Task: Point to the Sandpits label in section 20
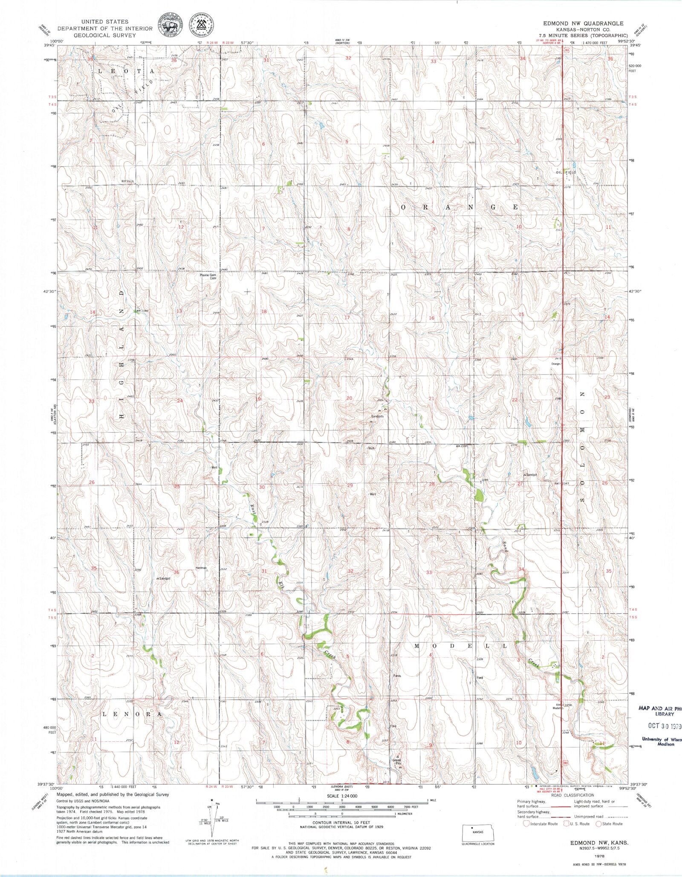[x=377, y=416]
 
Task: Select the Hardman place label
[x=201, y=568]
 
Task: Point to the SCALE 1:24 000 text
[x=342, y=796]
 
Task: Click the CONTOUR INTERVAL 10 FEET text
[x=342, y=822]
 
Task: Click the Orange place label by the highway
[x=555, y=364]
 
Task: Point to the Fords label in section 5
[x=397, y=676]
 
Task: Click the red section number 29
[x=350, y=485]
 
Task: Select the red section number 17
[x=347, y=317]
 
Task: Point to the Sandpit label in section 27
[x=531, y=474]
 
